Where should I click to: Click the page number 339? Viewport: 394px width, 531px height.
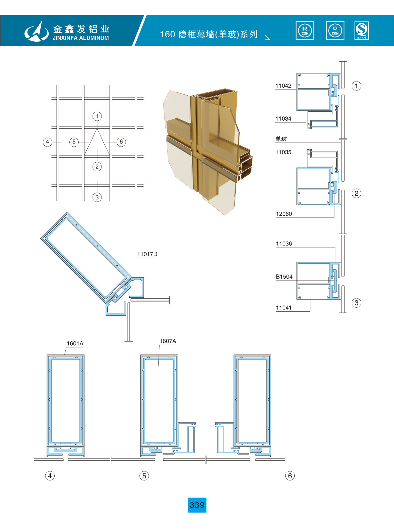tap(197, 505)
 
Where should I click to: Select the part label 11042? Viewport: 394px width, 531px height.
tap(283, 86)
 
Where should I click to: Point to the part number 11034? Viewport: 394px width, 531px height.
tap(283, 119)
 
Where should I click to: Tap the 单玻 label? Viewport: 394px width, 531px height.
tap(281, 139)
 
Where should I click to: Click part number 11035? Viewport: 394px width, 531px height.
tap(283, 152)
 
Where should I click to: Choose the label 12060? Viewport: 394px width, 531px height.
tap(284, 214)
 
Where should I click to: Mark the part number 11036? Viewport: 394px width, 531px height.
tap(284, 244)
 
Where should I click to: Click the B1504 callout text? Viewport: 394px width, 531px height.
tap(284, 277)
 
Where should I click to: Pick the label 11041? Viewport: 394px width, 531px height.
tap(284, 308)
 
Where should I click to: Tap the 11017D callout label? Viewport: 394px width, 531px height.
tap(147, 254)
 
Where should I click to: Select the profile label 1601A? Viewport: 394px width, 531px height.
tap(75, 344)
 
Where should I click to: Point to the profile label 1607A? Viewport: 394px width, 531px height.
tap(168, 341)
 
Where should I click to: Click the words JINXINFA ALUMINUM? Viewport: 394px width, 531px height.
tap(81, 38)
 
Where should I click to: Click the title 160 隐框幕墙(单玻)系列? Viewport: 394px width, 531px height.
tap(209, 34)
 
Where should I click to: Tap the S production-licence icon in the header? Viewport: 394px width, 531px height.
tap(362, 31)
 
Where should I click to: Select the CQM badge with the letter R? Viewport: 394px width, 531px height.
tap(305, 31)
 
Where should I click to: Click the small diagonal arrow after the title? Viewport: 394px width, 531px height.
tap(268, 37)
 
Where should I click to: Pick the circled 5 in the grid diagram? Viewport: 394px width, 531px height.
tap(74, 142)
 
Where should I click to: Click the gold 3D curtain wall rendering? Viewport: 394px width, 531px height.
tap(207, 151)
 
